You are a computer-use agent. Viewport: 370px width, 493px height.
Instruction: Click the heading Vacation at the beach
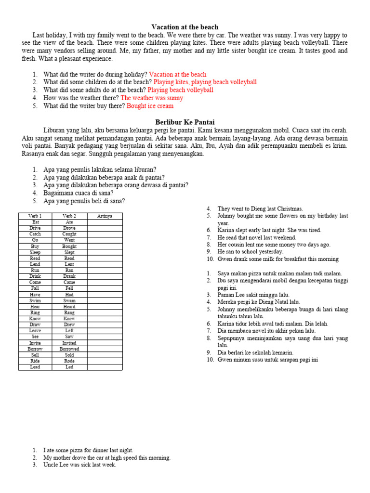coord(185,27)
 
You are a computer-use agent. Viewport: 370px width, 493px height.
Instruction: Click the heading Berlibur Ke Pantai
coord(185,122)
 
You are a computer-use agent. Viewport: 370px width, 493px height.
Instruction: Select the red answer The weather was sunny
coord(152,98)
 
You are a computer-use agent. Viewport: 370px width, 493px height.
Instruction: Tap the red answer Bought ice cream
coord(150,106)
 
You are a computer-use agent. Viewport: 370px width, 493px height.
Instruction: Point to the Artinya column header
coord(105,216)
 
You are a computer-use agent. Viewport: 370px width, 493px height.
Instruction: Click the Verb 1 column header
coord(35,216)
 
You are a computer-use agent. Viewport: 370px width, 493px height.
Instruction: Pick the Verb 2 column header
coord(69,216)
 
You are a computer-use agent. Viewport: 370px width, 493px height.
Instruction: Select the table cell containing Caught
coord(69,234)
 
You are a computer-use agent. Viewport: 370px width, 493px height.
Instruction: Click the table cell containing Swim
coord(35,300)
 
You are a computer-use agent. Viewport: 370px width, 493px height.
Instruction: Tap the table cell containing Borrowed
coord(69,349)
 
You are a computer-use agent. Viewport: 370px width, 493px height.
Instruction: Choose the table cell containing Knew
coord(69,319)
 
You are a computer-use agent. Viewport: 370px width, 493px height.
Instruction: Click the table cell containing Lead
coord(35,367)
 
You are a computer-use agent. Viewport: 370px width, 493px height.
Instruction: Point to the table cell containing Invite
coord(35,343)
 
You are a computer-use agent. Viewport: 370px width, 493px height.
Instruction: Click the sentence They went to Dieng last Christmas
coord(260,208)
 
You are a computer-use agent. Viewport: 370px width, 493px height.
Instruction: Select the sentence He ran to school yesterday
coord(251,251)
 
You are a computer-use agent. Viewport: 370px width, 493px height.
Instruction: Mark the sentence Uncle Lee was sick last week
coord(79,465)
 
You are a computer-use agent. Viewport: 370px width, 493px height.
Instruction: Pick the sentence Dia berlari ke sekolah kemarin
coord(255,352)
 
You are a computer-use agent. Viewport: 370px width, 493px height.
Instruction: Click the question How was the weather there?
coord(81,98)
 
